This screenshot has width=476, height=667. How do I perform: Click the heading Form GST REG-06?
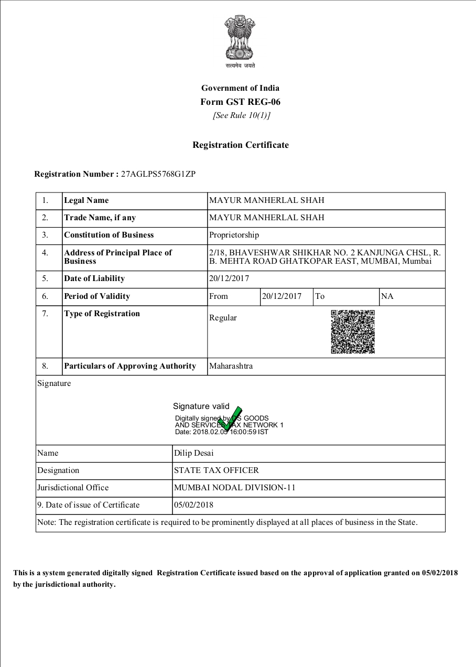tap(240, 102)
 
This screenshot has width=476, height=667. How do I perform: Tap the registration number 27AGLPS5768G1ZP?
tap(158, 174)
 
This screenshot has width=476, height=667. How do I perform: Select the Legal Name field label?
tap(86, 200)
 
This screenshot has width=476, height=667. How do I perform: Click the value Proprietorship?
tap(234, 235)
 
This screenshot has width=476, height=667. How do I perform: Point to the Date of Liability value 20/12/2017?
tap(229, 278)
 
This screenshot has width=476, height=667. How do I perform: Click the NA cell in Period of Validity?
tap(387, 296)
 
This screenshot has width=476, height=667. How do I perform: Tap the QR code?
tap(353, 331)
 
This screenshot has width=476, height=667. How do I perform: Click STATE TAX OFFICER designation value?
tap(216, 470)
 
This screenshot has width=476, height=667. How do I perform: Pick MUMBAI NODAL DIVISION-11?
tap(234, 488)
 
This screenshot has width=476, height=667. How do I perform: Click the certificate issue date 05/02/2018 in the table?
tap(193, 505)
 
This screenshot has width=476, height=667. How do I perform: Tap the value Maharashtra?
tap(231, 366)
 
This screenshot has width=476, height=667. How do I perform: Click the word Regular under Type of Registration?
tap(223, 318)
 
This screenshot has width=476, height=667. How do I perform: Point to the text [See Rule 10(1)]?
tap(241, 115)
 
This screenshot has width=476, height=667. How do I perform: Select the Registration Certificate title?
tap(240, 145)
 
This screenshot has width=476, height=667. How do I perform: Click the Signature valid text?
tap(201, 406)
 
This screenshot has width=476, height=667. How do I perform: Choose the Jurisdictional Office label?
tap(73, 488)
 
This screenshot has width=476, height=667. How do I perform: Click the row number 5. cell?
tap(45, 278)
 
